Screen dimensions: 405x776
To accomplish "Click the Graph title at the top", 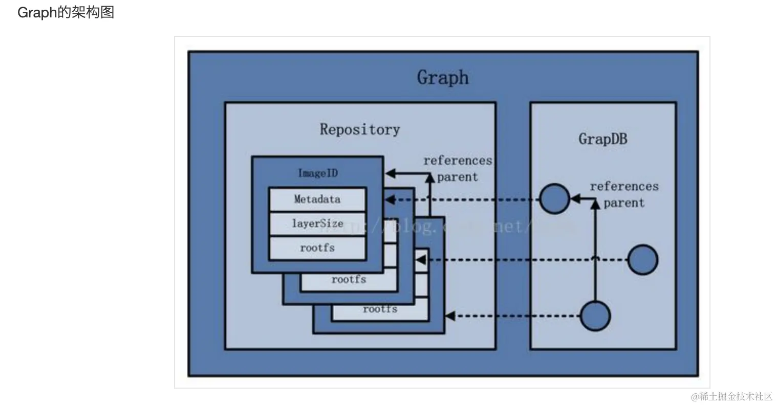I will [443, 78].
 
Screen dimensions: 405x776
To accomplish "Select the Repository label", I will [360, 129].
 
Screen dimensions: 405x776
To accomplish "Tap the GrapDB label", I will [602, 139].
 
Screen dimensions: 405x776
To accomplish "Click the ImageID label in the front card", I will [318, 173].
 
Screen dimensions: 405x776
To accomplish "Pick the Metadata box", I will [317, 199].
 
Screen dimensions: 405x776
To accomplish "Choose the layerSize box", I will [317, 223].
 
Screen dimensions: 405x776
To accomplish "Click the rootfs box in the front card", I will [317, 248].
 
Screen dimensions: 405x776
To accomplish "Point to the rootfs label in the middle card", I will [349, 280].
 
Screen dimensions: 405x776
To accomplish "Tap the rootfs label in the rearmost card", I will [380, 309].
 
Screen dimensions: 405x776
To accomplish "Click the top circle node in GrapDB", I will [555, 199].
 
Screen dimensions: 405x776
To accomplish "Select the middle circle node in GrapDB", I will [642, 260].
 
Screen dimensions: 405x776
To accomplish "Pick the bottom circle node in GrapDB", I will [595, 316].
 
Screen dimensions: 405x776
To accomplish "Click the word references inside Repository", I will [458, 161].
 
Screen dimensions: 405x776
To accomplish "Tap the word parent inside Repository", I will [458, 177].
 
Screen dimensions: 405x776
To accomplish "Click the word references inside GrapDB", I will [624, 186].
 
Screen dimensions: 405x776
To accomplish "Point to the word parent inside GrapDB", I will [624, 202].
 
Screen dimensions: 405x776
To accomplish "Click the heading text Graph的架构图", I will [66, 12].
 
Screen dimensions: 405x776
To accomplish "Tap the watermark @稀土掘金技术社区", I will [731, 396].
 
